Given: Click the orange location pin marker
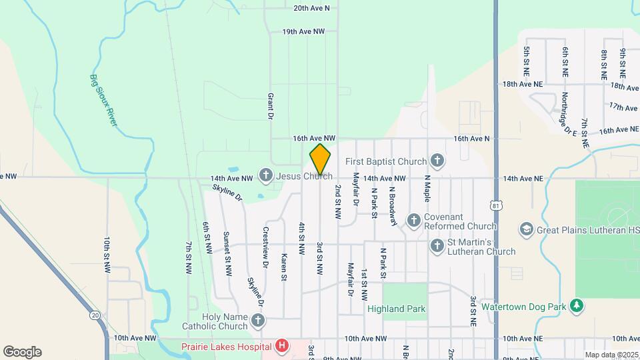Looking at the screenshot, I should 320,159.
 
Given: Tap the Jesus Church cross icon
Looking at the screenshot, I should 265,176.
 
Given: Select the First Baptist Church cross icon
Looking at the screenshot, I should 437,161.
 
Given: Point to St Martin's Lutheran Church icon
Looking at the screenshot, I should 437,246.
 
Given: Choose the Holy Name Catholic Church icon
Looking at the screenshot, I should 258,321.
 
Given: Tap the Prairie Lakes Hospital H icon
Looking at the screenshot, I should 282,346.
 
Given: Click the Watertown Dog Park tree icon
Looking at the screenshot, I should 577,306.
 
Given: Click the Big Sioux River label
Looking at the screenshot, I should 103,99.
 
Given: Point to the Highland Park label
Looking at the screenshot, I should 396,309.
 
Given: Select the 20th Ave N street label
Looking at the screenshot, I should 311,9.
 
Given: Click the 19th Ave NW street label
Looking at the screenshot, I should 303,31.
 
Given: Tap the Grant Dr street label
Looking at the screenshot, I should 271,107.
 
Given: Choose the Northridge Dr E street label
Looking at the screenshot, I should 568,113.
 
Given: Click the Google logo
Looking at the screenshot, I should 22,351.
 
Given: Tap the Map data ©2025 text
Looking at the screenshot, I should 611,355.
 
